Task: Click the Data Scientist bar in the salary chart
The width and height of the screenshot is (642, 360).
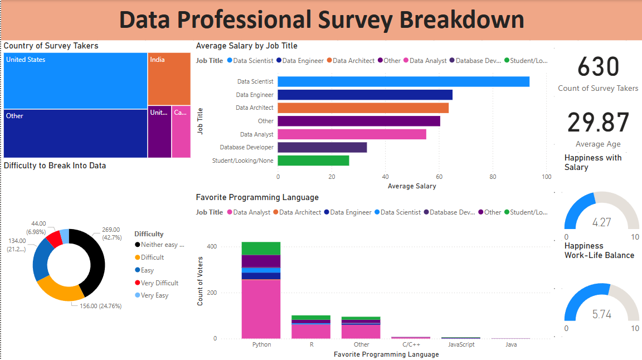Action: [x=403, y=82]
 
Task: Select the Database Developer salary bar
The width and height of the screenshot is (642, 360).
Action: [x=322, y=148]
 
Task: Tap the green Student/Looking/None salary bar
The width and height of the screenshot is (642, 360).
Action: [x=313, y=160]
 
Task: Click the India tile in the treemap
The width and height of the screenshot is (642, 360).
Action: [x=169, y=79]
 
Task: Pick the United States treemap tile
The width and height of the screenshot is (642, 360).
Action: [x=75, y=81]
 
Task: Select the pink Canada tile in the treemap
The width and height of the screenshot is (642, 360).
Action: [x=181, y=132]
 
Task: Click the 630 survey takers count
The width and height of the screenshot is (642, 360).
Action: [x=598, y=67]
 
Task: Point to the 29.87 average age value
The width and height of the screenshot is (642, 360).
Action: [x=598, y=123]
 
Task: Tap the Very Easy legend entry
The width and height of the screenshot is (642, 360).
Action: [x=154, y=295]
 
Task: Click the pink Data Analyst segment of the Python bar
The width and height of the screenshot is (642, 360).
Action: [x=261, y=309]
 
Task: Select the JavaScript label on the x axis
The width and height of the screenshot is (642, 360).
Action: [x=461, y=344]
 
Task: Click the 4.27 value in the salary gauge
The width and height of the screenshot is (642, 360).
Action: [x=601, y=223]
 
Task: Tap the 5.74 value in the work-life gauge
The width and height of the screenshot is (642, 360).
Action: [x=601, y=315]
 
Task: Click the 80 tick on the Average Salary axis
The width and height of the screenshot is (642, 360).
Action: [x=493, y=177]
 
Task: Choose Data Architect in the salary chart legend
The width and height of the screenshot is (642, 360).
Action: [x=353, y=61]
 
